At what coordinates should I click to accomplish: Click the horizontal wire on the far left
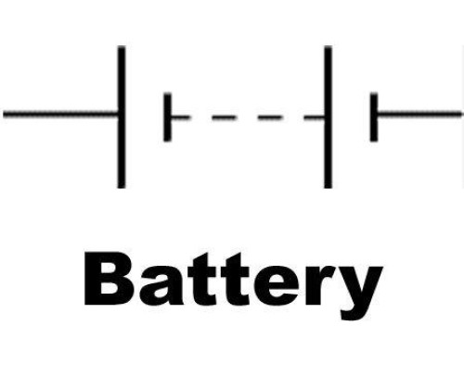click(60, 115)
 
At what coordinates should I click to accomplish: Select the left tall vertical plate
click(122, 117)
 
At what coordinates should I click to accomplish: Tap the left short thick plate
click(167, 118)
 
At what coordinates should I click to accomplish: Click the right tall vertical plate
click(329, 117)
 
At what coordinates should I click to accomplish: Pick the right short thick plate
click(374, 117)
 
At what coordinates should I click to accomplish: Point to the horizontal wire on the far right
click(420, 115)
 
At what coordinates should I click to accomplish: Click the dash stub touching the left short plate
click(180, 118)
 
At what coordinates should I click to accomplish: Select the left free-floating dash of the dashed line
click(224, 118)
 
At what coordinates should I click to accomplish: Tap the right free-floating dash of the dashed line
click(270, 118)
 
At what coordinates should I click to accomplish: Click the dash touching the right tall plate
click(315, 118)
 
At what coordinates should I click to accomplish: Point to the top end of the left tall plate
click(122, 46)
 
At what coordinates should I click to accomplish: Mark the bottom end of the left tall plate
click(122, 188)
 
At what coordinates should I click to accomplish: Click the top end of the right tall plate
click(329, 46)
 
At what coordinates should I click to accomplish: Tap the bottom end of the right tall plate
click(329, 188)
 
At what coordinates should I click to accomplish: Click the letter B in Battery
click(106, 279)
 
